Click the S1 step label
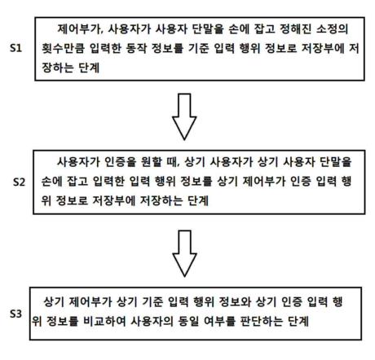point(15,48)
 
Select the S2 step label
point(19,182)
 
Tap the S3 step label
point(15,314)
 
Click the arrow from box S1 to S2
point(184,116)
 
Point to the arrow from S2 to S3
point(184,253)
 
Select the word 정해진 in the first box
point(295,29)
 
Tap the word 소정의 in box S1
point(332,29)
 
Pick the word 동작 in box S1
point(136,49)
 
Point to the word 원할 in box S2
point(144,162)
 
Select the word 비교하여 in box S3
point(104,321)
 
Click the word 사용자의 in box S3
point(152,321)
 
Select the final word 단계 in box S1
point(89,68)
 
